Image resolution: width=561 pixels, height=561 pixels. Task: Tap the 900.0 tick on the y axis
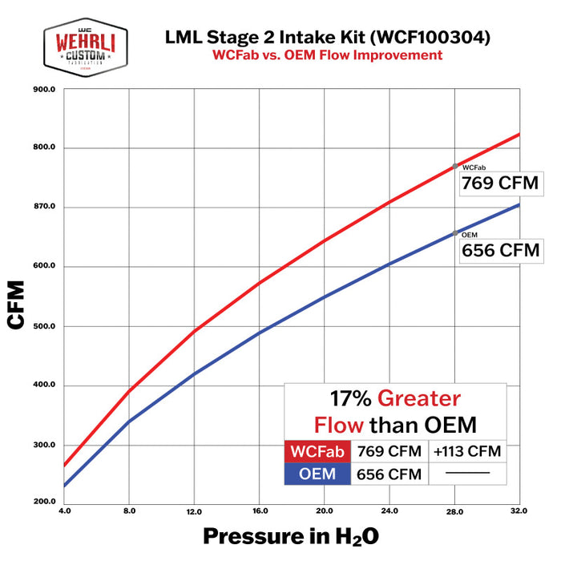(x=42, y=90)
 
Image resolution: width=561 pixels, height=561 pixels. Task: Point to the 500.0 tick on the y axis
(x=42, y=326)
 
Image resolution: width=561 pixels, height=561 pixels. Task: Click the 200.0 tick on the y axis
(x=42, y=502)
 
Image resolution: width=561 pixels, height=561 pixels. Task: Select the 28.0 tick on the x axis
(x=455, y=511)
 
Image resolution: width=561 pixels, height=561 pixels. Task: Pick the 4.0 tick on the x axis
(x=64, y=511)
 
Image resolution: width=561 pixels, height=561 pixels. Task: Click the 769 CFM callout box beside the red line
(x=499, y=183)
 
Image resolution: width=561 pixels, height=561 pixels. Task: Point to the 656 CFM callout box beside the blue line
(x=499, y=250)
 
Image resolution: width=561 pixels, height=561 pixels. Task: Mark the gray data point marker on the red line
(x=455, y=166)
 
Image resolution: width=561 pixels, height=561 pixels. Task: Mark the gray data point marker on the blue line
(x=455, y=233)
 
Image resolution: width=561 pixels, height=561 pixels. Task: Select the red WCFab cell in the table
(x=318, y=451)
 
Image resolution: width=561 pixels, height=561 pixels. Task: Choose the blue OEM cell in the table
(x=318, y=474)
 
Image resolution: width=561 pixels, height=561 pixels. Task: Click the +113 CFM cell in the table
(x=467, y=451)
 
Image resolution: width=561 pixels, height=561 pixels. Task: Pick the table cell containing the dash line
(x=467, y=474)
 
